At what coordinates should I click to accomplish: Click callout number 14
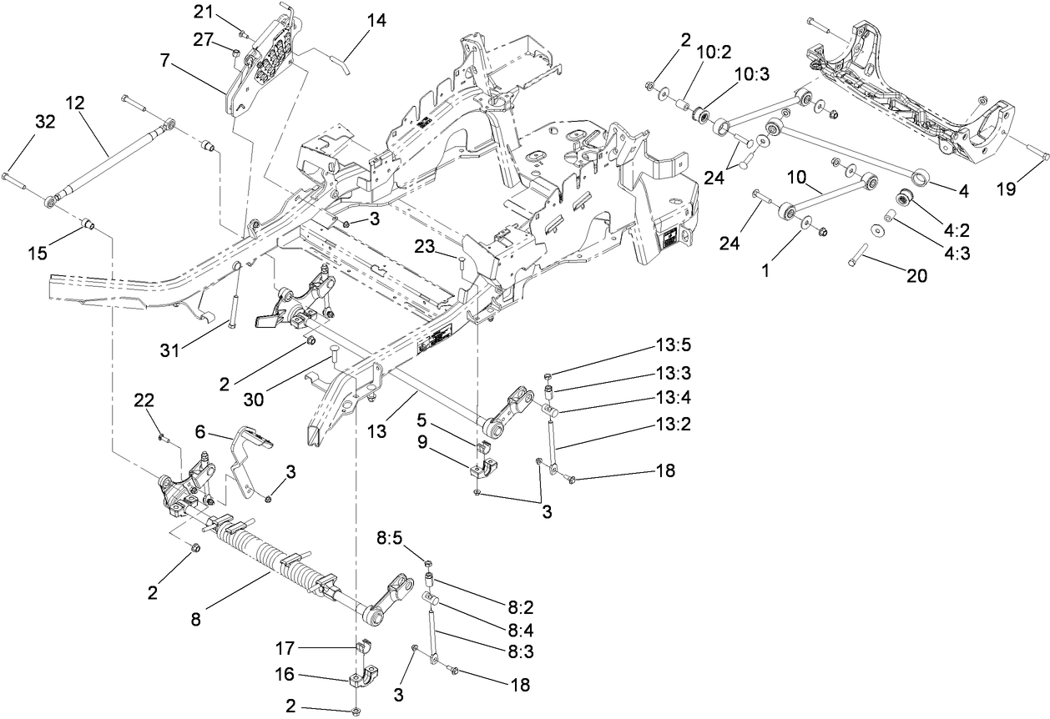tap(376, 21)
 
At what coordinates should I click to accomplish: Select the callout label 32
tap(44, 122)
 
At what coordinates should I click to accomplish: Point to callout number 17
tap(286, 647)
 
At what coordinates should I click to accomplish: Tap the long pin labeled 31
tap(233, 299)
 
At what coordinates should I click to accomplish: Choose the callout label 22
tap(145, 402)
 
